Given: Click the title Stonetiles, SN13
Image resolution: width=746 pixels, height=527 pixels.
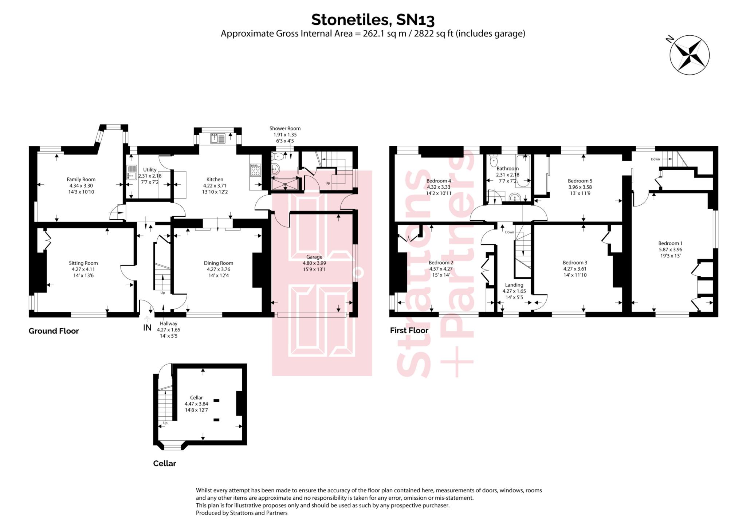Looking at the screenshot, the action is click(373, 20).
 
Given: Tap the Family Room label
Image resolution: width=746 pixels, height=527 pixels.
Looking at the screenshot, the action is click(81, 179).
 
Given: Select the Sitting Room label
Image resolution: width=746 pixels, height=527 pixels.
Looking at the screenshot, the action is click(83, 263).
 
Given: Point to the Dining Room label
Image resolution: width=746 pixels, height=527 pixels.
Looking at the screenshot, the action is click(219, 263).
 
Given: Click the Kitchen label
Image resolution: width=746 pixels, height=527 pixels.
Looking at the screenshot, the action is click(215, 179).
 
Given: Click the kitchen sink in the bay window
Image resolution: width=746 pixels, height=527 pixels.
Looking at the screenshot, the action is click(218, 138).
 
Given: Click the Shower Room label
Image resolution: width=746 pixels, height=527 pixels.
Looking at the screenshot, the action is click(285, 128).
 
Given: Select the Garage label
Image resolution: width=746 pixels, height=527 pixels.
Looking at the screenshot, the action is click(314, 257).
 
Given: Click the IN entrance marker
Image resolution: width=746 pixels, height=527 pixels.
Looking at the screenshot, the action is click(147, 327).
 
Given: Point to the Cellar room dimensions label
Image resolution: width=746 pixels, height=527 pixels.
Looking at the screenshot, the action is click(196, 407).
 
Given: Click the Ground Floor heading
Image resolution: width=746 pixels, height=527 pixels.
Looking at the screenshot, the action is click(54, 331).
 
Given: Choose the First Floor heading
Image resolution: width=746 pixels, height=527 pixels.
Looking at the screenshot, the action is click(409, 330).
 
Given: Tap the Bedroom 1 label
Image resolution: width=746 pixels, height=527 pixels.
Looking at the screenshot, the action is click(670, 243).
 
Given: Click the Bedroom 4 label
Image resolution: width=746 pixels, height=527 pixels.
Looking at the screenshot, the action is click(439, 181).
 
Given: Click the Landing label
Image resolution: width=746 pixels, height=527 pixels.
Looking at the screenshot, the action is click(514, 285).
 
